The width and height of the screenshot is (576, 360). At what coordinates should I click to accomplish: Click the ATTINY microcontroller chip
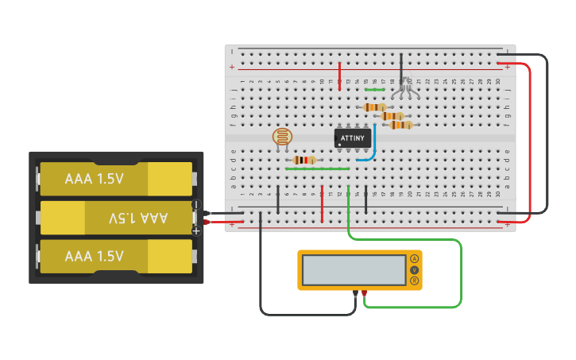tap(352, 138)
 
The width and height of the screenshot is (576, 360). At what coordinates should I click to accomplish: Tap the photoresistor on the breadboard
tap(282, 137)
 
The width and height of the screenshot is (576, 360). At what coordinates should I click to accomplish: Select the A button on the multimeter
tap(414, 259)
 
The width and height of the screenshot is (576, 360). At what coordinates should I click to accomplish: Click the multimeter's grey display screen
tap(354, 270)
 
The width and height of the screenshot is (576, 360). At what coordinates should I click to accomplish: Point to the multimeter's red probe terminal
tap(365, 294)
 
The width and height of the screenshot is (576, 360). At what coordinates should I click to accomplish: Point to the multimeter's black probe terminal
tap(355, 294)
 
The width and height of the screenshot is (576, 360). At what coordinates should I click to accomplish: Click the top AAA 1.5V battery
tap(116, 179)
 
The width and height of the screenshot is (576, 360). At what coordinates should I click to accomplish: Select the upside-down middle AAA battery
tap(116, 217)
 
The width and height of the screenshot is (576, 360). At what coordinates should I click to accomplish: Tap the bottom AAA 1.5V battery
tap(116, 256)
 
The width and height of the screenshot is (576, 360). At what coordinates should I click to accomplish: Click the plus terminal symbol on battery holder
tap(196, 230)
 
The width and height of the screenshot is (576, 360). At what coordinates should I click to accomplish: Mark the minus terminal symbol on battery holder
tap(196, 205)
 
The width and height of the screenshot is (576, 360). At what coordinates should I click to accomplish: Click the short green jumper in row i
tap(374, 90)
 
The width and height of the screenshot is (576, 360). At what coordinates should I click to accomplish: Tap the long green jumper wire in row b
tap(317, 168)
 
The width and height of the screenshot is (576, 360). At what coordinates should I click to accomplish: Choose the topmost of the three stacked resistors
tap(374, 106)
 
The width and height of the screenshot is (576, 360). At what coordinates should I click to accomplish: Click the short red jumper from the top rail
tap(340, 75)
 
